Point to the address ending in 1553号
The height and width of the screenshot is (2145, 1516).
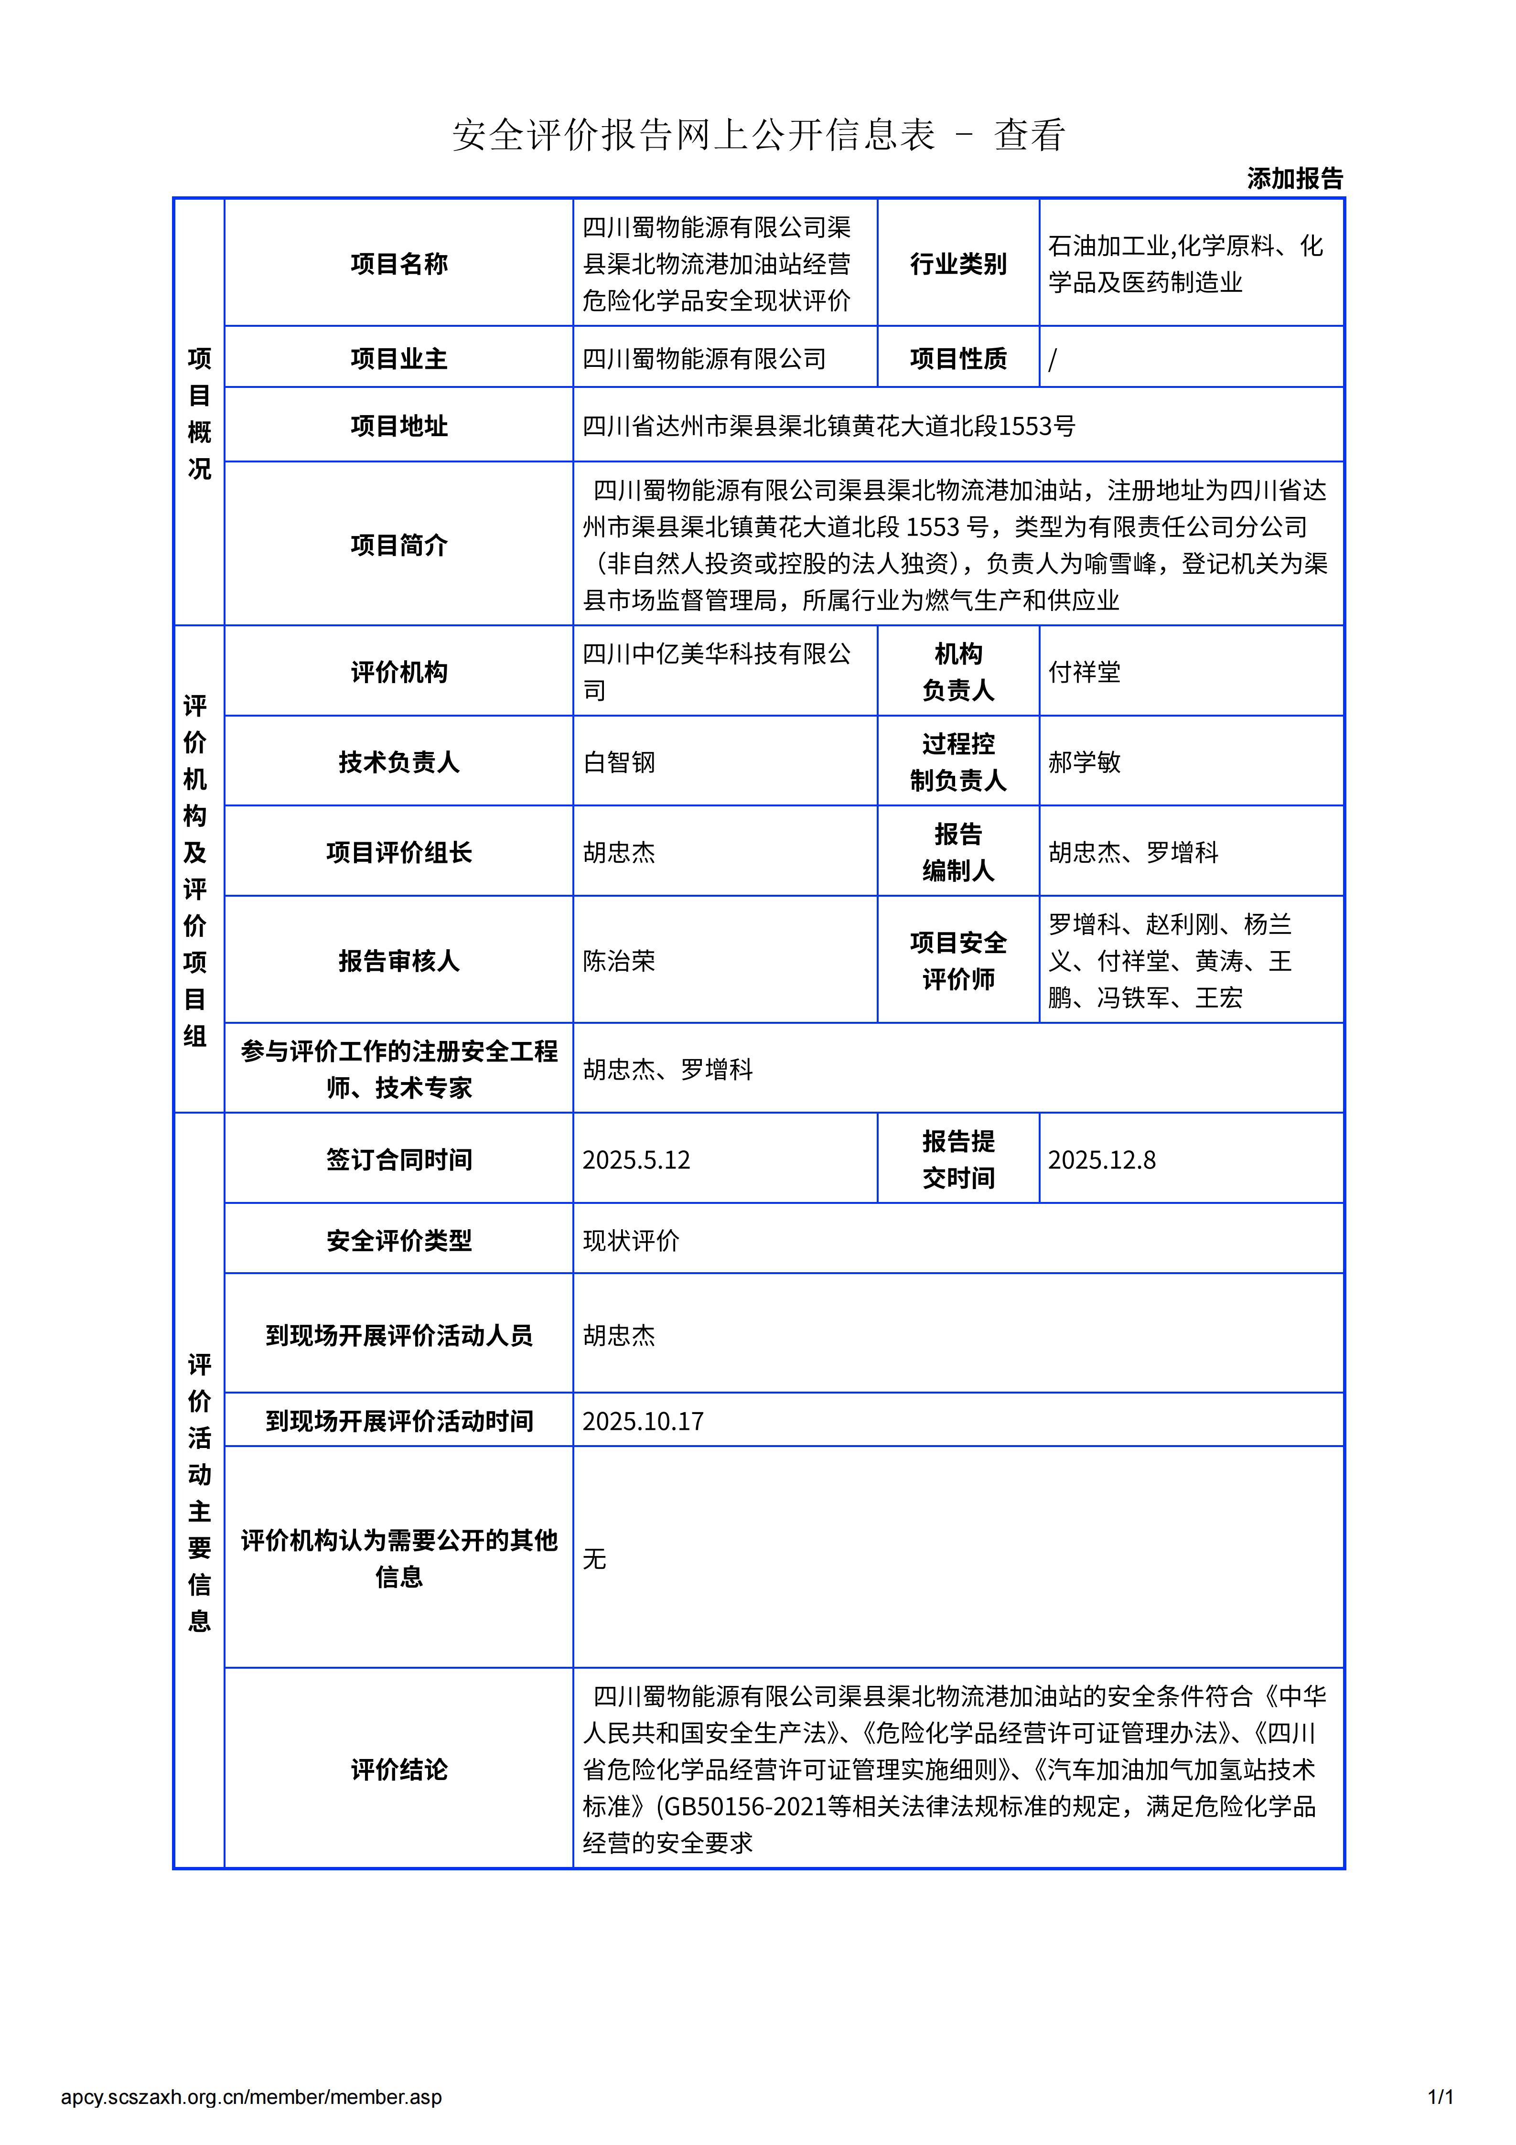pyautogui.click(x=828, y=426)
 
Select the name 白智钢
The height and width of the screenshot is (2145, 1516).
pyautogui.click(x=618, y=762)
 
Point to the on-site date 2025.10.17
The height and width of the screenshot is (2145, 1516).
pyautogui.click(x=643, y=1421)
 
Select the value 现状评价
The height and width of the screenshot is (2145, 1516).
pyautogui.click(x=631, y=1241)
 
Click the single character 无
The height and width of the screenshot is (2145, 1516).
pyautogui.click(x=594, y=1558)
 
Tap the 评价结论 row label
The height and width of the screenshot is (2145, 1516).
pyautogui.click(x=399, y=1770)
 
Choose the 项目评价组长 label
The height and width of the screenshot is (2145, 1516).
pyautogui.click(x=399, y=852)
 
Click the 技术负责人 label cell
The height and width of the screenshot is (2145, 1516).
pyautogui.click(x=399, y=762)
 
